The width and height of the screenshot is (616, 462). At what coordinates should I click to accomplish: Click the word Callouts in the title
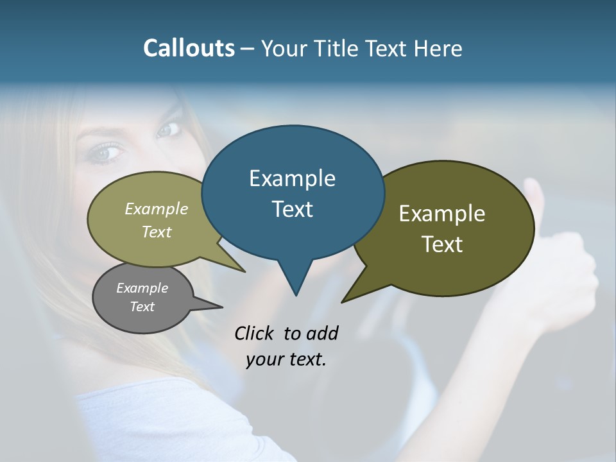[189, 48]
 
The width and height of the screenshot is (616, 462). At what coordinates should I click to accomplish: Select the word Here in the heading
[438, 48]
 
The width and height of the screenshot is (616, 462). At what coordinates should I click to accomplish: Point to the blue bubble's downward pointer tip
[296, 295]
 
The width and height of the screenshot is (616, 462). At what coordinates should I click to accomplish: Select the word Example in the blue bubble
[292, 178]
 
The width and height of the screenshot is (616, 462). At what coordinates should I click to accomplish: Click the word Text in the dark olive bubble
[442, 244]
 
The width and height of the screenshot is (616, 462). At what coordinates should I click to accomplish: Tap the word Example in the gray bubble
[142, 288]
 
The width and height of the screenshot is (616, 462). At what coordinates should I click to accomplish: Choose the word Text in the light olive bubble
[157, 232]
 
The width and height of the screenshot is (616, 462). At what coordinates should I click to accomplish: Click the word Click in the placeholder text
[255, 333]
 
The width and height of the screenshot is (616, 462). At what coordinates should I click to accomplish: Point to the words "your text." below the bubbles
[286, 359]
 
